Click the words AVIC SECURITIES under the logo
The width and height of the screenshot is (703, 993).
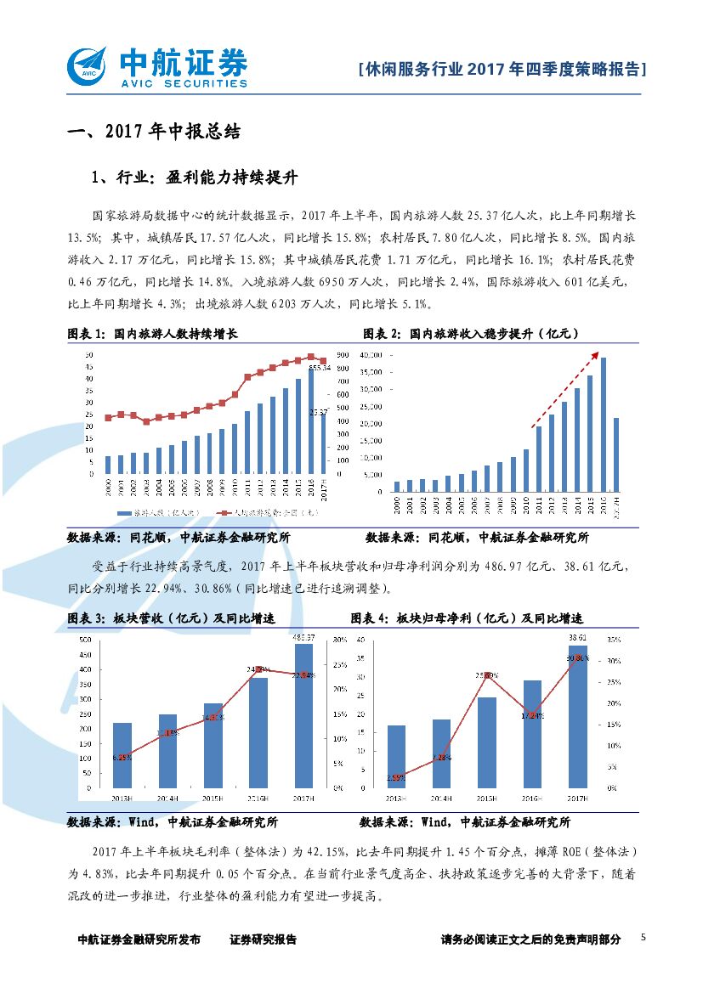pyautogui.click(x=184, y=83)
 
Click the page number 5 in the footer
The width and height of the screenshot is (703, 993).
pyautogui.click(x=643, y=938)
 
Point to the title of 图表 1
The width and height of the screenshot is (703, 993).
pyautogui.click(x=153, y=334)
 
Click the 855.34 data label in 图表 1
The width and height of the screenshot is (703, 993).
pyautogui.click(x=320, y=368)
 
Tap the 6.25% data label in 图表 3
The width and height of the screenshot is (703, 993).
pyautogui.click(x=122, y=758)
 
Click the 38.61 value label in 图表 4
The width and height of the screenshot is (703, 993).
pyautogui.click(x=577, y=636)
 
